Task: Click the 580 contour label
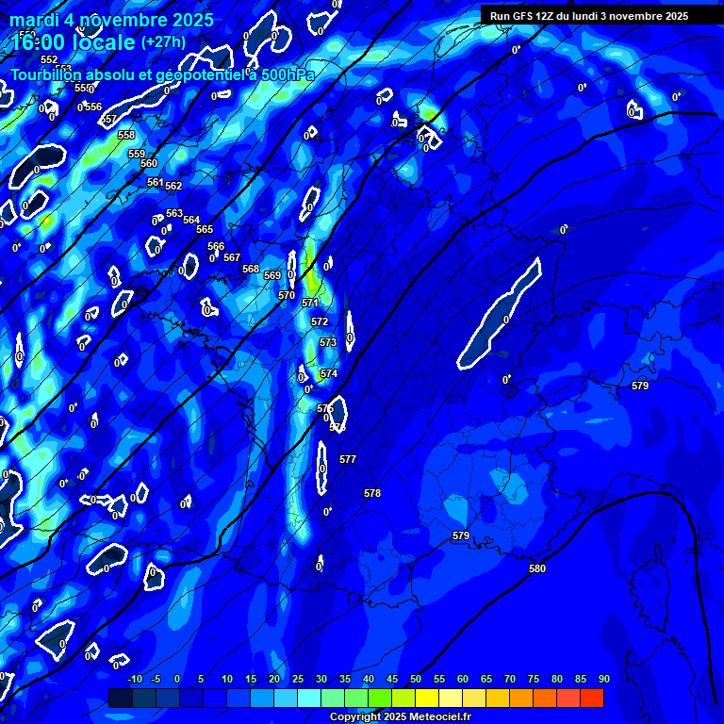537,568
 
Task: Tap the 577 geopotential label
348,459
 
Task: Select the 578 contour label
372,493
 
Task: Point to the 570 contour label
287,295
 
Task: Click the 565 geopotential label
205,229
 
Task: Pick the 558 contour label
126,135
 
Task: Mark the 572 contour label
320,321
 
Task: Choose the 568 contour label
251,269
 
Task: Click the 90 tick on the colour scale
603,679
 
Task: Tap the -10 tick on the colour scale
134,679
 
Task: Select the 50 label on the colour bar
416,679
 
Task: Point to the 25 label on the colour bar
298,679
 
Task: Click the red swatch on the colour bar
592,698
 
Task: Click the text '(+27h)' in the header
163,41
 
